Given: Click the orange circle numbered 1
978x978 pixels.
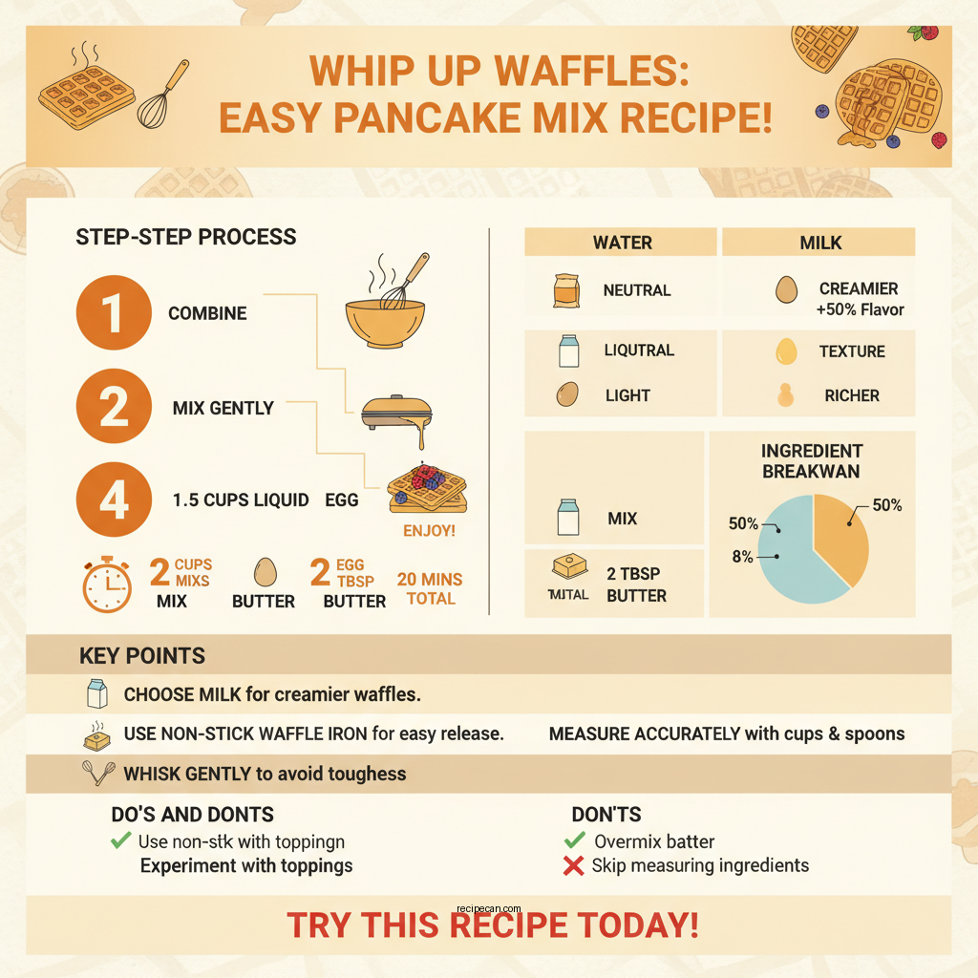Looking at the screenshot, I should click(114, 312).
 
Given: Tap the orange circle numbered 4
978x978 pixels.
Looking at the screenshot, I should click(114, 499).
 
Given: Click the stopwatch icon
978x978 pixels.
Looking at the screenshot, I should click(107, 584).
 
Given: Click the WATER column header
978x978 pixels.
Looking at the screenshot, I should click(622, 243).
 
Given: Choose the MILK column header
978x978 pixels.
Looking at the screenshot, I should click(820, 243).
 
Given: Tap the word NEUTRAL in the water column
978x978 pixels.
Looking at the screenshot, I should click(636, 290).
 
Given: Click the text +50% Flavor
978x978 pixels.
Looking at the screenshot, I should click(860, 309).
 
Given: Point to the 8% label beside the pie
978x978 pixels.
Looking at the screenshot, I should click(743, 557).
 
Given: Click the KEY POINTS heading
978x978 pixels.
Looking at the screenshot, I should click(142, 656).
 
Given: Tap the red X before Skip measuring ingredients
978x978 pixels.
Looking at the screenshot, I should click(574, 866).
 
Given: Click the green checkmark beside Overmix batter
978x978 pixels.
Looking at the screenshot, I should click(574, 841).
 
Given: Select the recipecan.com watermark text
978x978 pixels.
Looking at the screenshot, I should click(489, 910).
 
